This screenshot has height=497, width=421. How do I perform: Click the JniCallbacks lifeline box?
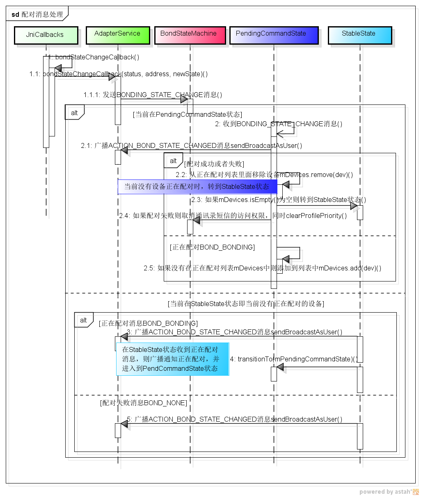click(46, 35)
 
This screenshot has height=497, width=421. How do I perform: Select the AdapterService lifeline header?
click(117, 34)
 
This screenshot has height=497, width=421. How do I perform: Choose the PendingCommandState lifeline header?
click(271, 34)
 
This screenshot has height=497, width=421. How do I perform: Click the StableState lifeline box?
click(359, 34)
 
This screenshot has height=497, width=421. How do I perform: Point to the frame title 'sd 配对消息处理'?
click(37, 14)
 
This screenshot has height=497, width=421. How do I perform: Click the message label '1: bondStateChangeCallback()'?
click(93, 57)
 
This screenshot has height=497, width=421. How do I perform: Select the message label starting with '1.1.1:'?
click(153, 95)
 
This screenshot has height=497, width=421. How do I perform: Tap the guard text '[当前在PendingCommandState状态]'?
click(188, 114)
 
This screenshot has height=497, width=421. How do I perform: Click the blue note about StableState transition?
click(197, 186)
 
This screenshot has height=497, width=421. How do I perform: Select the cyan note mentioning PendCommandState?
click(172, 359)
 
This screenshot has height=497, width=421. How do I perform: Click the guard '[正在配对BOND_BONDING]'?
click(212, 247)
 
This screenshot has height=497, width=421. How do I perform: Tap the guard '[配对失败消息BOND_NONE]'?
click(143, 403)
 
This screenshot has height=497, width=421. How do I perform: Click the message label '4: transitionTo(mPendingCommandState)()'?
click(294, 359)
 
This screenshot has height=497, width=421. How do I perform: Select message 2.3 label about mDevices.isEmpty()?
click(279, 200)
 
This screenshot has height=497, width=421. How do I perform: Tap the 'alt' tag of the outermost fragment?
click(74, 113)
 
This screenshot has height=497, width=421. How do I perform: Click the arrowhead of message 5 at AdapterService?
click(124, 424)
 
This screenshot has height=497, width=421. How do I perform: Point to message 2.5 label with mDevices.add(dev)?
click(262, 268)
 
